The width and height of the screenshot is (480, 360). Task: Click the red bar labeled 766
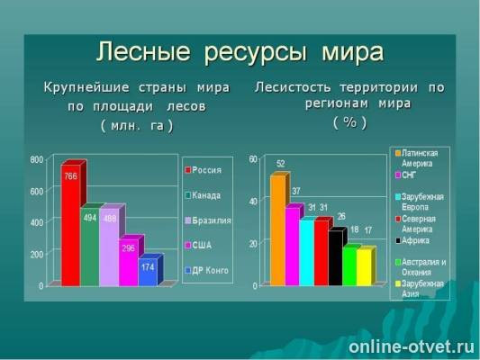pyautogui.click(x=70, y=225)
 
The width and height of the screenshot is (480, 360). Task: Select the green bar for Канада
pyautogui.click(x=90, y=247)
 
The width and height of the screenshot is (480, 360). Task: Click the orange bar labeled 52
pyautogui.click(x=277, y=229)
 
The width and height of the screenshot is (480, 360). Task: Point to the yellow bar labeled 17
pyautogui.click(x=364, y=267)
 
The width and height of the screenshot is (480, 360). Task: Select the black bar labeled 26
pyautogui.click(x=335, y=257)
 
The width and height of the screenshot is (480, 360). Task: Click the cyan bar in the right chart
pyautogui.click(x=306, y=252)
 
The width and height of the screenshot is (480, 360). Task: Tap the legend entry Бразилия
pyautogui.click(x=211, y=220)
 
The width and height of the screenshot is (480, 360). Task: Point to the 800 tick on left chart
pyautogui.click(x=37, y=159)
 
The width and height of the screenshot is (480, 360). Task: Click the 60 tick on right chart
pyautogui.click(x=253, y=159)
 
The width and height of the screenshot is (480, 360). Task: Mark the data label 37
pyautogui.click(x=296, y=191)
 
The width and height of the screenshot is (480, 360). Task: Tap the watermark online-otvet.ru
pyautogui.click(x=411, y=346)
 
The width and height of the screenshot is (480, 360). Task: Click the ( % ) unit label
pyautogui.click(x=349, y=121)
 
